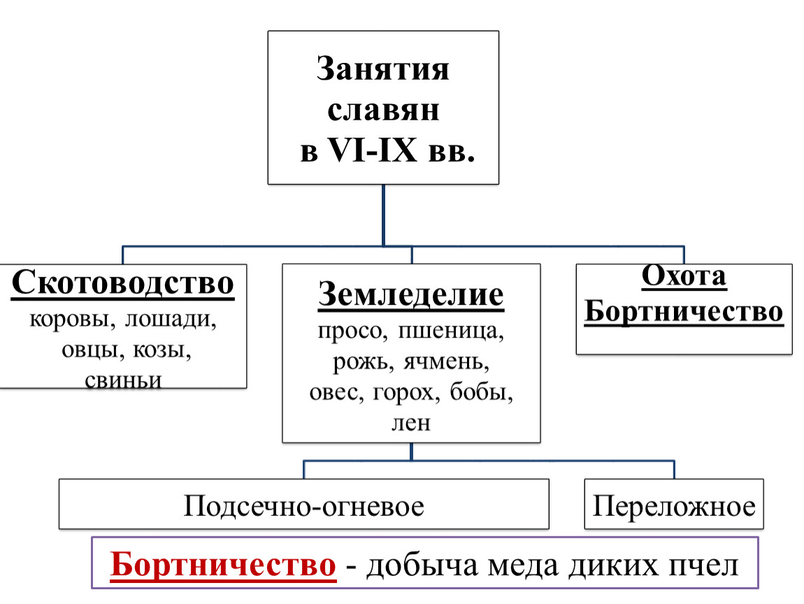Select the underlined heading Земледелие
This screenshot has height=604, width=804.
click(411, 294)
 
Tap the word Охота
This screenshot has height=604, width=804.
click(684, 278)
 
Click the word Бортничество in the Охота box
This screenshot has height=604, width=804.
click(684, 310)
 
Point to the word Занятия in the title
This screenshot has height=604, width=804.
click(382, 71)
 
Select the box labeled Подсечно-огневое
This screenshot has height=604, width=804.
click(303, 505)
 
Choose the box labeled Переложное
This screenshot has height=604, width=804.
click(674, 505)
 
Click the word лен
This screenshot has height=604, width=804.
click(411, 422)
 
